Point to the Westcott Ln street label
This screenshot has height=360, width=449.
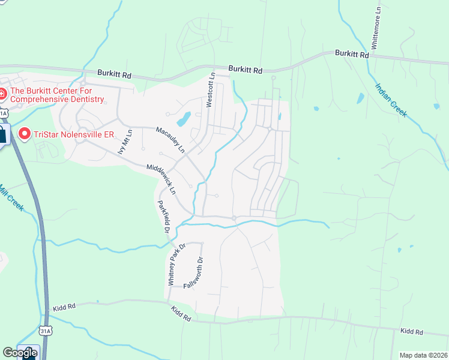(210, 91)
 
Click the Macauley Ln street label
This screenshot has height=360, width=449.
(170, 139)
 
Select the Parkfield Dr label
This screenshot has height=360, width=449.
(163, 216)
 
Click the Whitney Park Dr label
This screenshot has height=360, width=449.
(177, 264)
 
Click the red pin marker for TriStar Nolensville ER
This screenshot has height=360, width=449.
(25, 133)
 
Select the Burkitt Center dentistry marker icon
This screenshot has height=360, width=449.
(2, 94)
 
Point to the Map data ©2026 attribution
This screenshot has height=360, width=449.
(423, 355)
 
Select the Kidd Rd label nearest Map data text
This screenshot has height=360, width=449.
(412, 332)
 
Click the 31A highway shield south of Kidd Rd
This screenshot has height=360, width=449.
(44, 331)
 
